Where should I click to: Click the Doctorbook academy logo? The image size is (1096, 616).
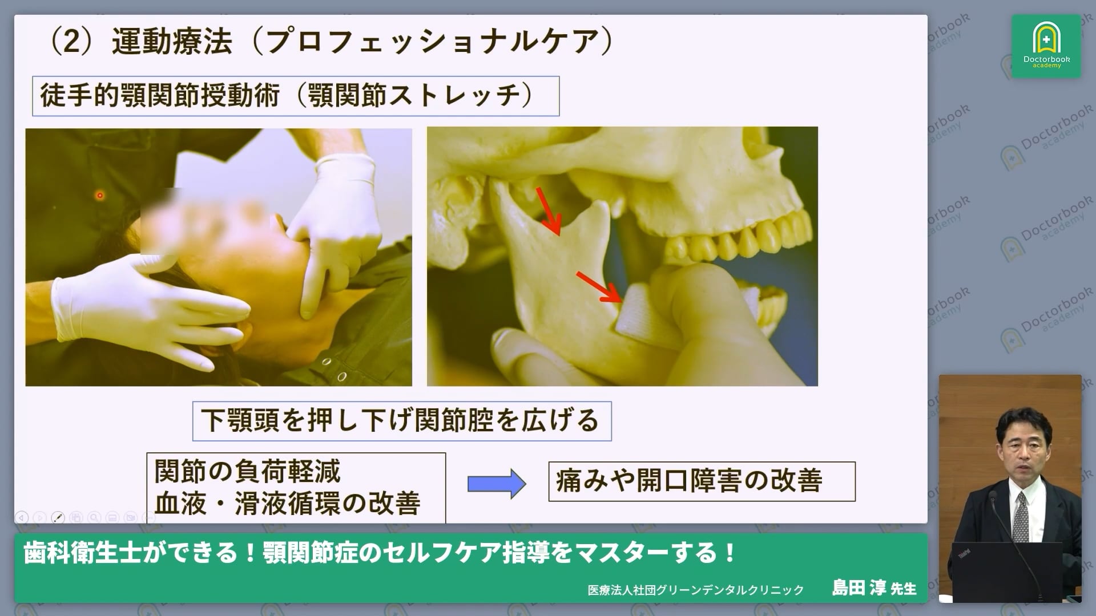[x=1046, y=46]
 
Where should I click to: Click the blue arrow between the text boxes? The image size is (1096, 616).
[x=496, y=484]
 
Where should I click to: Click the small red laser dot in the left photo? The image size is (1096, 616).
[x=100, y=196]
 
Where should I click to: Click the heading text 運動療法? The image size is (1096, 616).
[x=172, y=41]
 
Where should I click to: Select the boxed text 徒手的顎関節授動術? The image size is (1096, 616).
[x=160, y=95]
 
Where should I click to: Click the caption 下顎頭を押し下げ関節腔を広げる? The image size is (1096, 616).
[x=401, y=421]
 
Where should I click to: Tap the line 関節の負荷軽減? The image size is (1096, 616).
[x=247, y=472]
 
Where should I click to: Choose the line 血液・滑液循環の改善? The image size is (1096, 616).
[x=288, y=504]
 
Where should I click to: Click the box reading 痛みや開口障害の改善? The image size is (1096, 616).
[x=701, y=481]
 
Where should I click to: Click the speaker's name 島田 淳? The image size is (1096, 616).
[x=857, y=587]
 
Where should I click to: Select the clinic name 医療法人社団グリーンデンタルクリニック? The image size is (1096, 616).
[x=695, y=590]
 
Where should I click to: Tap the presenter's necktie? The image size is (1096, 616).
[x=1020, y=519]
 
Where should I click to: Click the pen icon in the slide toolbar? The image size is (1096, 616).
[x=58, y=517]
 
